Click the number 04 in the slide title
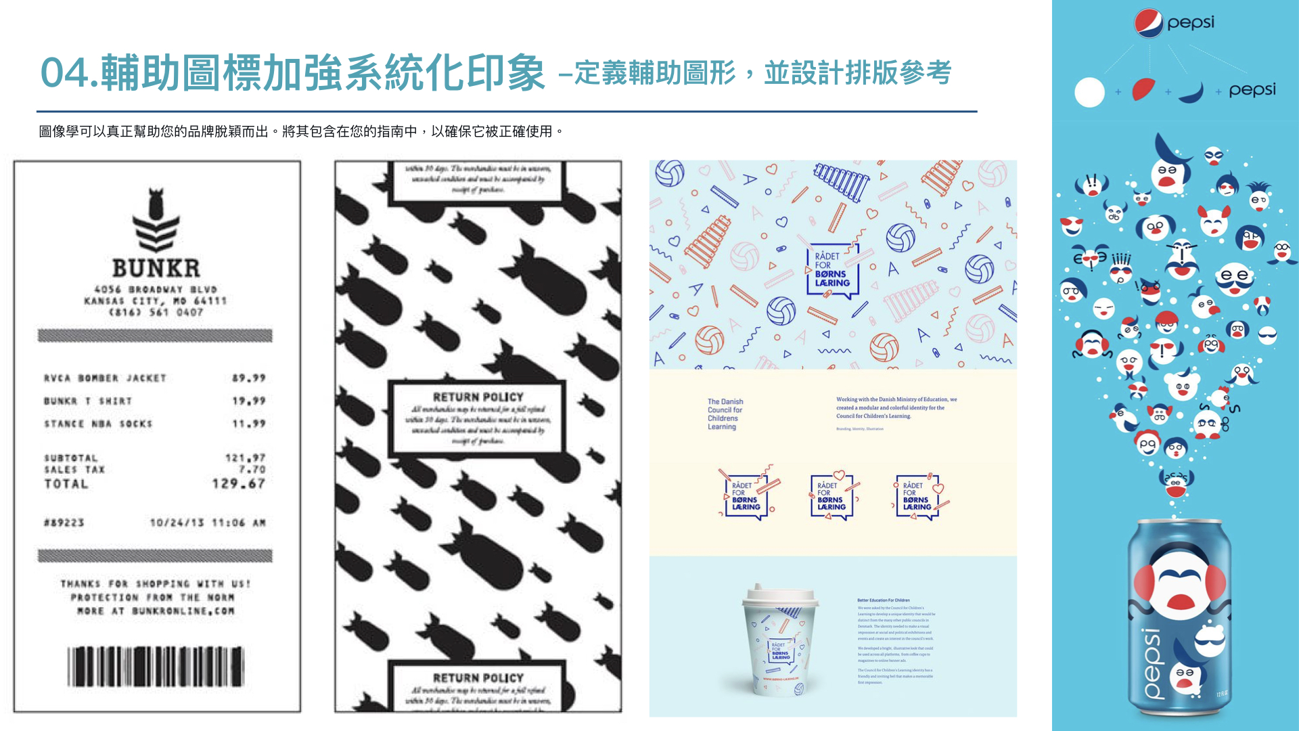click(x=65, y=73)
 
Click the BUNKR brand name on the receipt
click(x=156, y=268)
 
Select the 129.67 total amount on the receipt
click(x=238, y=483)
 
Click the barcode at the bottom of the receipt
click(x=156, y=666)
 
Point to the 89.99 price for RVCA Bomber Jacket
click(x=248, y=378)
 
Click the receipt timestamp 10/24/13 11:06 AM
click(x=207, y=523)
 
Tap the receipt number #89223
click(x=64, y=523)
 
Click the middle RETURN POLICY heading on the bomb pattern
click(x=478, y=397)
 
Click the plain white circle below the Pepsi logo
click(x=1089, y=93)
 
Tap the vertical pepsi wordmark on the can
click(x=1152, y=663)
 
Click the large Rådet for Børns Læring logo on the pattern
click(x=832, y=270)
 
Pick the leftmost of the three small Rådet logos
click(x=746, y=496)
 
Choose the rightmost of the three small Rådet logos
click(x=917, y=496)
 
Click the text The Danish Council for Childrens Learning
click(x=725, y=414)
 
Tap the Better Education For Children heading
click(x=883, y=600)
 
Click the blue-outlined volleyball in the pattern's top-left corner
click(x=669, y=173)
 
